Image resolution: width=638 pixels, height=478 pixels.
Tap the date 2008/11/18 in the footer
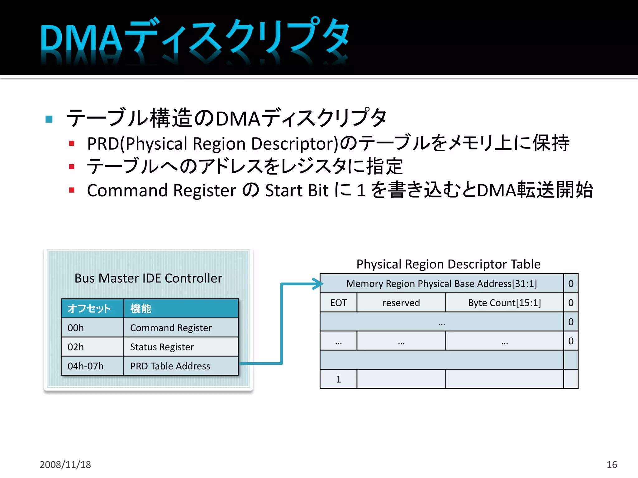(65, 464)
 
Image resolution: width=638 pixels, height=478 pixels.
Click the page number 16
(612, 464)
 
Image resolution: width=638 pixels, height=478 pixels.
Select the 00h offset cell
(92, 328)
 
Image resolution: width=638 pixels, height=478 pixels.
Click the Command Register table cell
(181, 328)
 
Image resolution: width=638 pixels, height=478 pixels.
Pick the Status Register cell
(181, 347)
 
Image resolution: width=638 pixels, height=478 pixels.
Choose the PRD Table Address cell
(181, 366)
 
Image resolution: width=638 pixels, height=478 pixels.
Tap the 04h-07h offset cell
(92, 366)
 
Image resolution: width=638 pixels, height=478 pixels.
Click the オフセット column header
(92, 308)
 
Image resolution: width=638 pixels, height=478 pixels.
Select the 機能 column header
(181, 308)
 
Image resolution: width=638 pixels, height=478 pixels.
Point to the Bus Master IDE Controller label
(148, 278)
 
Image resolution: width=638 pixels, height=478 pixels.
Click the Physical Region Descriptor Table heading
(448, 264)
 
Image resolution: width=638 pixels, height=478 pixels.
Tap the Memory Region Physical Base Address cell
(441, 284)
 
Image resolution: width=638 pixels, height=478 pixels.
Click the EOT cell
(338, 302)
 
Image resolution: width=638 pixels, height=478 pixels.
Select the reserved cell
(401, 302)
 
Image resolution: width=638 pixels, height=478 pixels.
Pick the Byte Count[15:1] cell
(504, 302)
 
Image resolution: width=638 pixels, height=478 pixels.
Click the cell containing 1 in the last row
(338, 379)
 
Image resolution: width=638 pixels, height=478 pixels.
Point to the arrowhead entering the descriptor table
(319, 284)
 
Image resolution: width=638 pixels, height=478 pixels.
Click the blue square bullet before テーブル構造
(49, 119)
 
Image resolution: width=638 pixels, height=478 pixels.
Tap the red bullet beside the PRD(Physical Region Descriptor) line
(72, 143)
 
